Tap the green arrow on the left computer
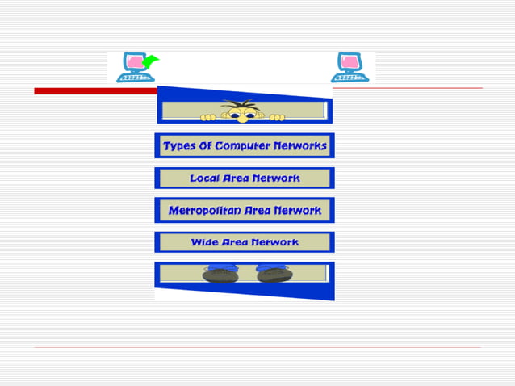click(149, 61)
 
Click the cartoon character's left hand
click(208, 117)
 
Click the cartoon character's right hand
click(277, 117)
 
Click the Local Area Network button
click(245, 178)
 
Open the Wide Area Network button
click(245, 242)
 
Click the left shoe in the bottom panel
click(220, 275)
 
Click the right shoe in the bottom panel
click(273, 275)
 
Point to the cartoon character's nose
click(241, 118)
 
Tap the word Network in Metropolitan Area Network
click(297, 210)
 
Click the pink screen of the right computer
click(348, 63)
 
